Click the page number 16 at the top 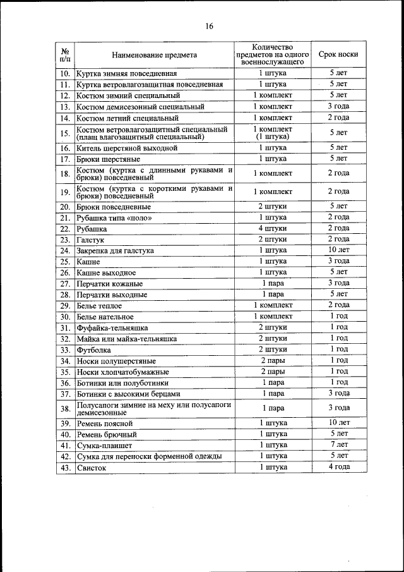click(x=209, y=26)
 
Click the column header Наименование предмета click(x=155, y=55)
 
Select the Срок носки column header click(x=338, y=55)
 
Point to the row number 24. click(x=64, y=250)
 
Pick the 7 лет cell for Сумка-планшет click(x=338, y=445)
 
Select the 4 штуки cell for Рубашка click(x=273, y=228)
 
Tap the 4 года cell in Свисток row click(x=338, y=467)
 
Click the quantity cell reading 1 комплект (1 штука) click(x=273, y=133)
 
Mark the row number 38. click(x=64, y=408)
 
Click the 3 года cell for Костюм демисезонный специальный click(x=338, y=106)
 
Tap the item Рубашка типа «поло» click(x=114, y=217)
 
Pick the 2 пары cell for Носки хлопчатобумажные click(x=273, y=371)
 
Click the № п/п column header click(x=64, y=55)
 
